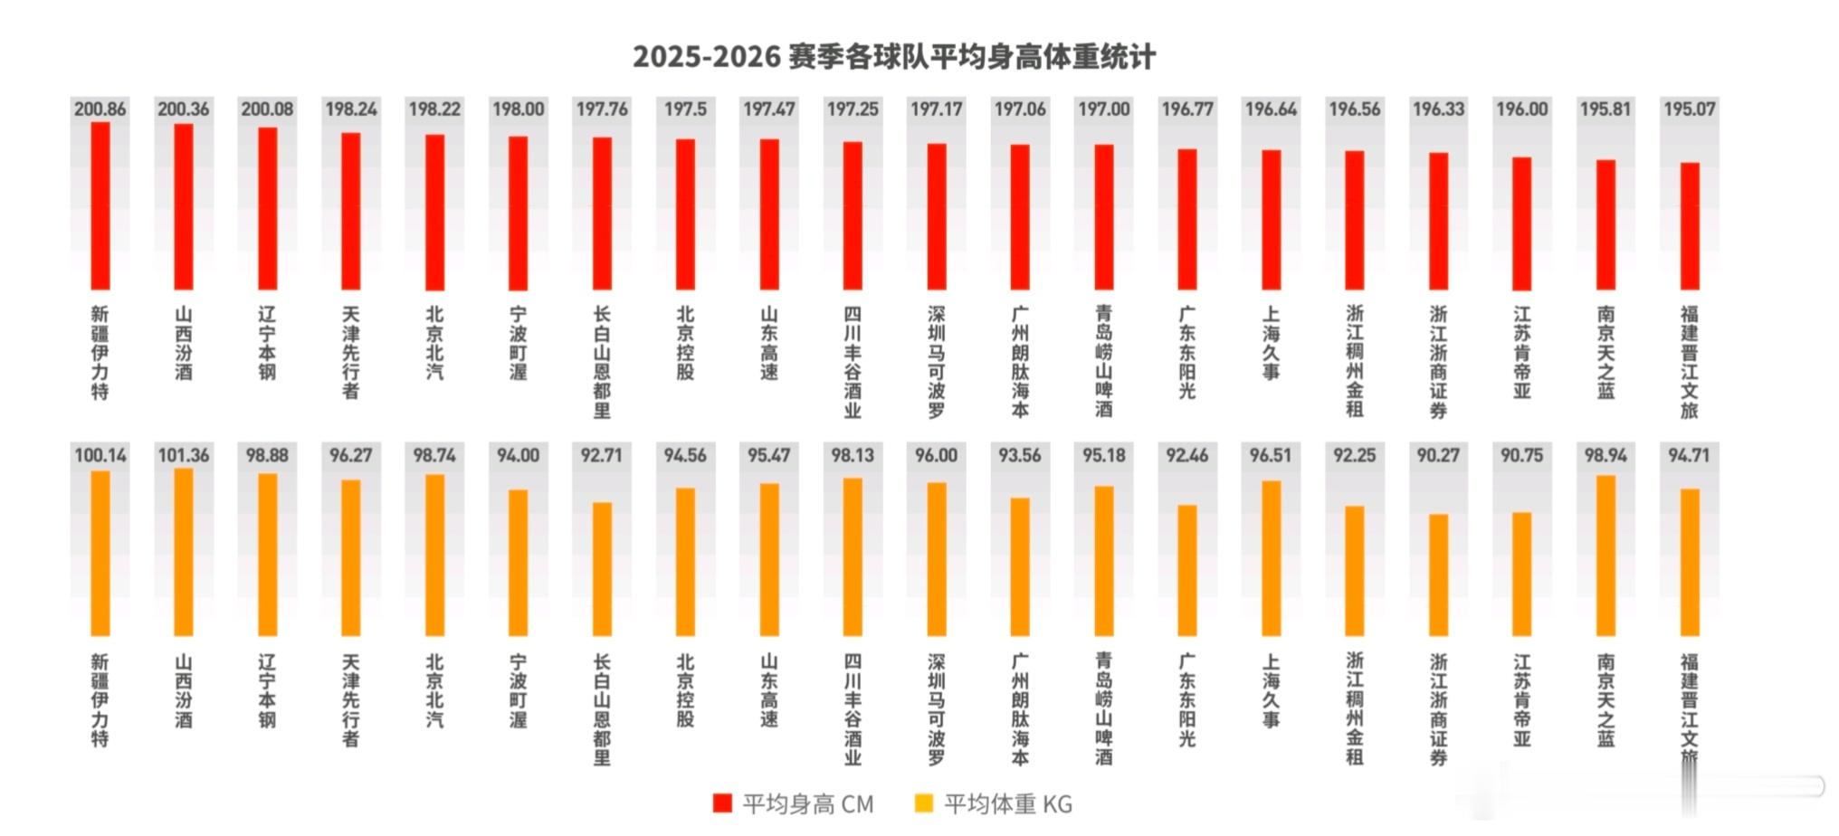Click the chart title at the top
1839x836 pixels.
pyautogui.click(x=894, y=57)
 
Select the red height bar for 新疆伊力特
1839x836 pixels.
pyautogui.click(x=100, y=206)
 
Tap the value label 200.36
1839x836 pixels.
pyautogui.click(x=184, y=109)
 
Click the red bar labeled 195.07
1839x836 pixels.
pyautogui.click(x=1690, y=226)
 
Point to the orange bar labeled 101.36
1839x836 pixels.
pyautogui.click(x=184, y=552)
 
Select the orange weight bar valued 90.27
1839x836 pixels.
pyautogui.click(x=1438, y=575)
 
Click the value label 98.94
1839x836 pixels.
pyautogui.click(x=1606, y=455)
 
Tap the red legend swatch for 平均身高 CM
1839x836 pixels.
pyautogui.click(x=722, y=803)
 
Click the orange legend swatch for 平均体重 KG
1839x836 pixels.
pyautogui.click(x=924, y=803)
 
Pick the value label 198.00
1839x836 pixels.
pyautogui.click(x=519, y=109)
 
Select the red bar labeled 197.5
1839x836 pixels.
pyautogui.click(x=686, y=214)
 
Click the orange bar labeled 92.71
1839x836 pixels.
pyautogui.click(x=602, y=569)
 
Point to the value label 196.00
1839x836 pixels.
pyautogui.click(x=1522, y=109)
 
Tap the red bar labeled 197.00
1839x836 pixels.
pyautogui.click(x=1104, y=217)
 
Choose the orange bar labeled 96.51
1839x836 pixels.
pyautogui.click(x=1271, y=558)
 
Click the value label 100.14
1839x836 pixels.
pyautogui.click(x=100, y=455)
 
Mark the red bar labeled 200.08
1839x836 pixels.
pyautogui.click(x=268, y=209)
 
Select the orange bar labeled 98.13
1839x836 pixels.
pyautogui.click(x=853, y=557)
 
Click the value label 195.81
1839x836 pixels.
pyautogui.click(x=1606, y=109)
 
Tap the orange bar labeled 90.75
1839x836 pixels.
pyautogui.click(x=1522, y=575)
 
